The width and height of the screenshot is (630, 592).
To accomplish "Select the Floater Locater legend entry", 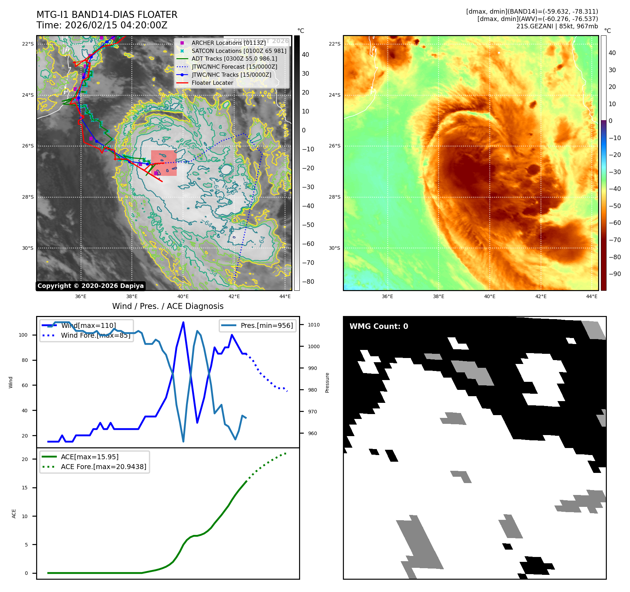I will (212, 83).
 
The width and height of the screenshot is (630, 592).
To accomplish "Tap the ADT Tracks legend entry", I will (234, 59).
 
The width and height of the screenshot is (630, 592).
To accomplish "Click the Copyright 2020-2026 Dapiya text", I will (90, 286).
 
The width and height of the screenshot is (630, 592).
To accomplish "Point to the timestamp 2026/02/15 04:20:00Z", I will (116, 26).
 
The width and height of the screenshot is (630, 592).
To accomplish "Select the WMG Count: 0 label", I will (379, 326).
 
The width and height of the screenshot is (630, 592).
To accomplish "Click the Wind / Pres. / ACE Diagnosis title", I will (168, 306).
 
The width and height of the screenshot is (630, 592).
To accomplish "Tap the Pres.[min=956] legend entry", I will (266, 325).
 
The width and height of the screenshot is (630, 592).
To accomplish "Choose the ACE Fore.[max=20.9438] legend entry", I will (103, 467).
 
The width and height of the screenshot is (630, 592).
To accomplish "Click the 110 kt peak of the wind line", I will (183, 322).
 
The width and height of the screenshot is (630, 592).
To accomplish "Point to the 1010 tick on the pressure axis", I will (314, 325).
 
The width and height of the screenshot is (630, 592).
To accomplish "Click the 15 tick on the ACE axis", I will (25, 488).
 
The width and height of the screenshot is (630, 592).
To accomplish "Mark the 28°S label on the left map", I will (28, 197).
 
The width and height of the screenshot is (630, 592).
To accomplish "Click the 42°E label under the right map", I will (541, 296).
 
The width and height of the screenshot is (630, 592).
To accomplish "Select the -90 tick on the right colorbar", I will (615, 274).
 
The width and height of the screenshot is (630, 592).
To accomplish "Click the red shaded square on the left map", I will (164, 163).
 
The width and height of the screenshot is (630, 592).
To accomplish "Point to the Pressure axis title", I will (327, 383).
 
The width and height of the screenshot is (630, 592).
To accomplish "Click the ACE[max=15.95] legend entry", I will (89, 457).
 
